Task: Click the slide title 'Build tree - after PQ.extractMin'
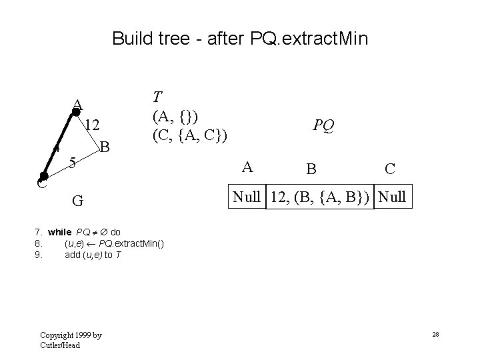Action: [240, 38]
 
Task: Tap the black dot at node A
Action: [75, 113]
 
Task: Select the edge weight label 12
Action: [93, 125]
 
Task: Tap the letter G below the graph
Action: [79, 199]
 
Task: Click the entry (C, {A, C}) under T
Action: [190, 135]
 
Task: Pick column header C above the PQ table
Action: [390, 169]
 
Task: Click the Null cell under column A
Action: [248, 198]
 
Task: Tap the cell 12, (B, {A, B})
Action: [320, 198]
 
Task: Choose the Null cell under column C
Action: [394, 198]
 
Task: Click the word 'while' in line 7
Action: [60, 232]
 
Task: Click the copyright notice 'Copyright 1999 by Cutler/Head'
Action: [71, 339]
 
